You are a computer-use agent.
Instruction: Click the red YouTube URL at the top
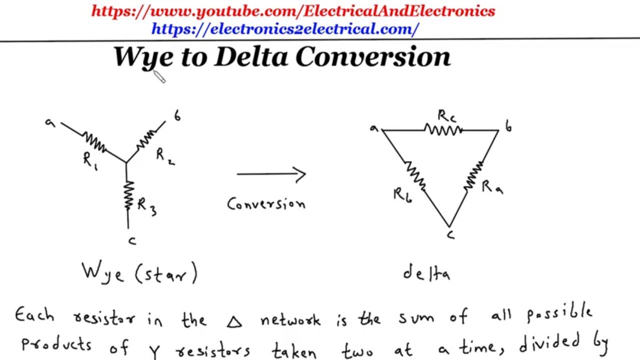(x=293, y=11)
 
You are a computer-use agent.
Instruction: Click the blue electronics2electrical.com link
(x=285, y=29)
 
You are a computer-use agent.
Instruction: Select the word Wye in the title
(x=143, y=57)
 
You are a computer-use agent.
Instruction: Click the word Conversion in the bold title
(x=373, y=56)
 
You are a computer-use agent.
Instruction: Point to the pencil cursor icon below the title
(x=159, y=76)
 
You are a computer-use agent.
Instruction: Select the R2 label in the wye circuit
(x=165, y=157)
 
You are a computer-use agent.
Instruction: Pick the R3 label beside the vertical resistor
(x=147, y=207)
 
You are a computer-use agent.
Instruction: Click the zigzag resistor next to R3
(x=128, y=195)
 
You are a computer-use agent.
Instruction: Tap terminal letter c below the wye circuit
(x=132, y=241)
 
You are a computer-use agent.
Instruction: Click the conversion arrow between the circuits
(x=271, y=174)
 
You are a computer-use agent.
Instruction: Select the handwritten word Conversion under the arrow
(x=266, y=204)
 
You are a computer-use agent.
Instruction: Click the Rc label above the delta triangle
(x=447, y=116)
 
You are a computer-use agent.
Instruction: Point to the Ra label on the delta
(x=492, y=187)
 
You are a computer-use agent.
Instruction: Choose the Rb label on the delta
(x=403, y=195)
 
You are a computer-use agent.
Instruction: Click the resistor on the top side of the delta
(x=443, y=130)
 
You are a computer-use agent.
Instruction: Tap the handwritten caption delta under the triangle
(x=426, y=273)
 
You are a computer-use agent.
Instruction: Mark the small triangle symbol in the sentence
(x=234, y=322)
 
